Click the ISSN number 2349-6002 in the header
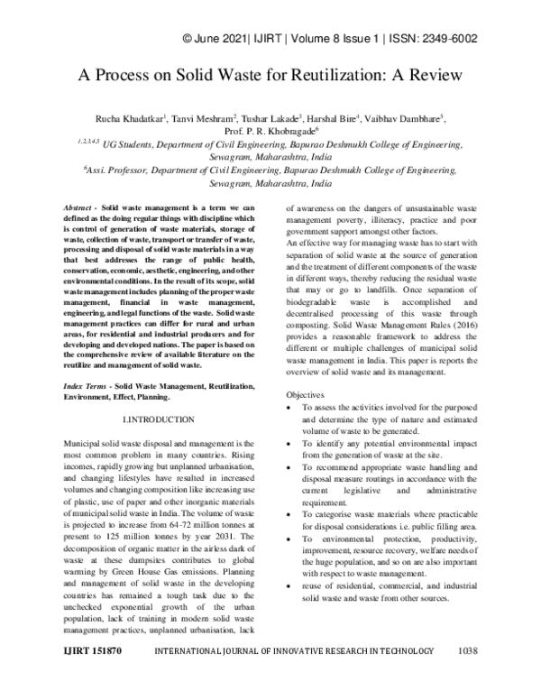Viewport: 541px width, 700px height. click(447, 39)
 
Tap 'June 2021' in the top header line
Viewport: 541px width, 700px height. click(222, 39)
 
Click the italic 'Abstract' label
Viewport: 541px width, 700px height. click(87, 208)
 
